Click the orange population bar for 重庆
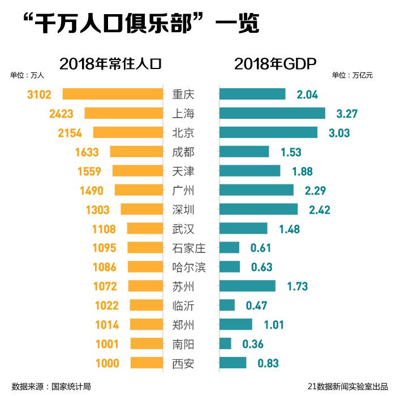113,94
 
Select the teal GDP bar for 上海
272,113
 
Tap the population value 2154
70,133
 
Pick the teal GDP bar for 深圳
258,209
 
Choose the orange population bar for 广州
139,190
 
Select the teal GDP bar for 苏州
247,286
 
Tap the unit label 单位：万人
27,75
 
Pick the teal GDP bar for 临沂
227,305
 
